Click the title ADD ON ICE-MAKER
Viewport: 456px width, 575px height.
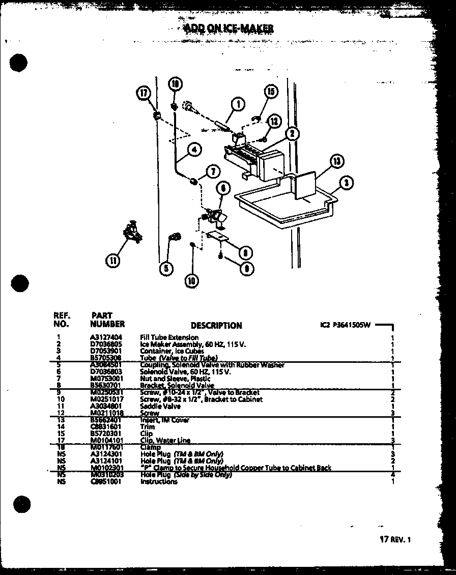228,28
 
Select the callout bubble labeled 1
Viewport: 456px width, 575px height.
238,104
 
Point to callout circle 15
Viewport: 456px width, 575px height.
270,92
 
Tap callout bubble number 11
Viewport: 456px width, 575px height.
113,261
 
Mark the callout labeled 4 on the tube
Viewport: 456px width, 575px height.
194,149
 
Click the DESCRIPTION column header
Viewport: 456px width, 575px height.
216,326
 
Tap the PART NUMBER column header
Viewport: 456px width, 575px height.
107,320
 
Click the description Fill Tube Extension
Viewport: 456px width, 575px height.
169,337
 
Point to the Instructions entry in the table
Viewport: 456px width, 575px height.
159,481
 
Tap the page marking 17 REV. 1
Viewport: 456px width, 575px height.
394,540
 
